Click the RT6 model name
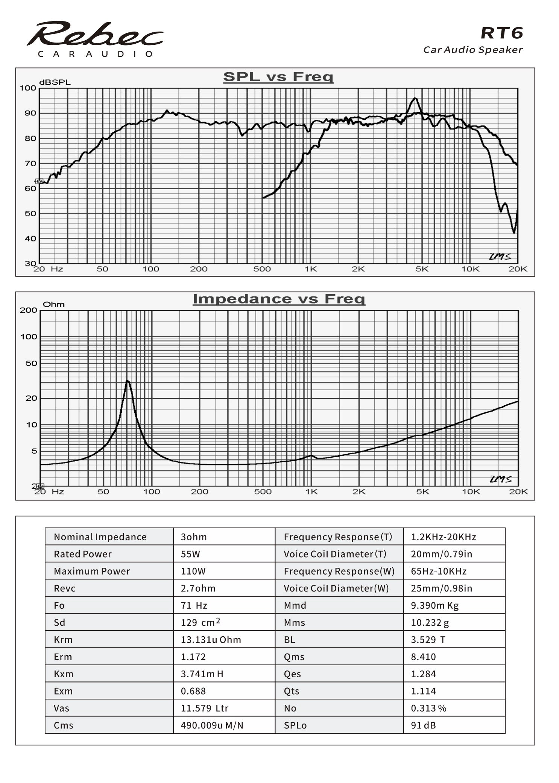pyautogui.click(x=502, y=33)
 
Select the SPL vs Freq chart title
pyautogui.click(x=278, y=77)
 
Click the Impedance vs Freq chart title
pyautogui.click(x=279, y=299)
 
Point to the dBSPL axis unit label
pyautogui.click(x=55, y=82)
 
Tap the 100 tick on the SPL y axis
pyautogui.click(x=28, y=88)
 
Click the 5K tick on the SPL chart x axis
pyautogui.click(x=422, y=269)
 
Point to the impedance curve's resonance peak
pyautogui.click(x=128, y=381)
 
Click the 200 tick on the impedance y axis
pyautogui.click(x=29, y=310)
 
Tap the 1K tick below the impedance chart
pyautogui.click(x=311, y=492)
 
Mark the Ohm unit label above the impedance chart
pyautogui.click(x=54, y=304)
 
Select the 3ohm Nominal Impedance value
pyautogui.click(x=194, y=537)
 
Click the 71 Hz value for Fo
pyautogui.click(x=194, y=605)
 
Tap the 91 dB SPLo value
pyautogui.click(x=423, y=725)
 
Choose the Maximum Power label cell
pyautogui.click(x=92, y=571)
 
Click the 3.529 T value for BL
pyautogui.click(x=428, y=640)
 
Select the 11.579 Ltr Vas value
pyautogui.click(x=205, y=708)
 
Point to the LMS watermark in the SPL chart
pyautogui.click(x=500, y=257)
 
